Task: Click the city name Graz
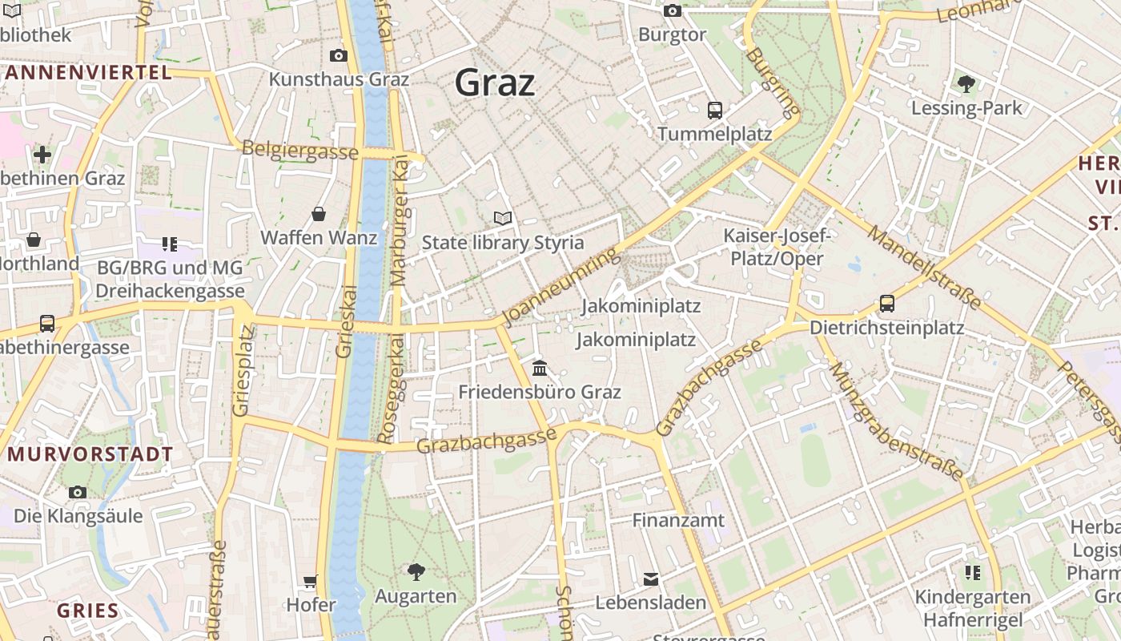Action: coord(495,83)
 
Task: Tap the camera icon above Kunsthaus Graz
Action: coord(339,55)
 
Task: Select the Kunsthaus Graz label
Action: coord(339,79)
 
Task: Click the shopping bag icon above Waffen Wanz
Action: coord(319,214)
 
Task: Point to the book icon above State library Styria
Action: coord(503,218)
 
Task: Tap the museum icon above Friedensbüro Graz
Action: coord(540,368)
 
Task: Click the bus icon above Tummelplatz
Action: coord(715,110)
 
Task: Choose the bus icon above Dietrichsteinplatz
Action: coord(887,304)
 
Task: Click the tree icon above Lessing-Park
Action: coord(966,83)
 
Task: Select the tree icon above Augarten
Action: coord(416,571)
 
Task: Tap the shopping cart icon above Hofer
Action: coord(311,580)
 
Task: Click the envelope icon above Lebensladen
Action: coord(651,579)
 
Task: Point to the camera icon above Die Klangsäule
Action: coord(78,491)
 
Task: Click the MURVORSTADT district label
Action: coord(90,454)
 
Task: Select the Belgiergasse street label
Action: coord(299,151)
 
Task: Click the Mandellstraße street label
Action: coord(924,268)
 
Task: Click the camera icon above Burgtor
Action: coord(673,10)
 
